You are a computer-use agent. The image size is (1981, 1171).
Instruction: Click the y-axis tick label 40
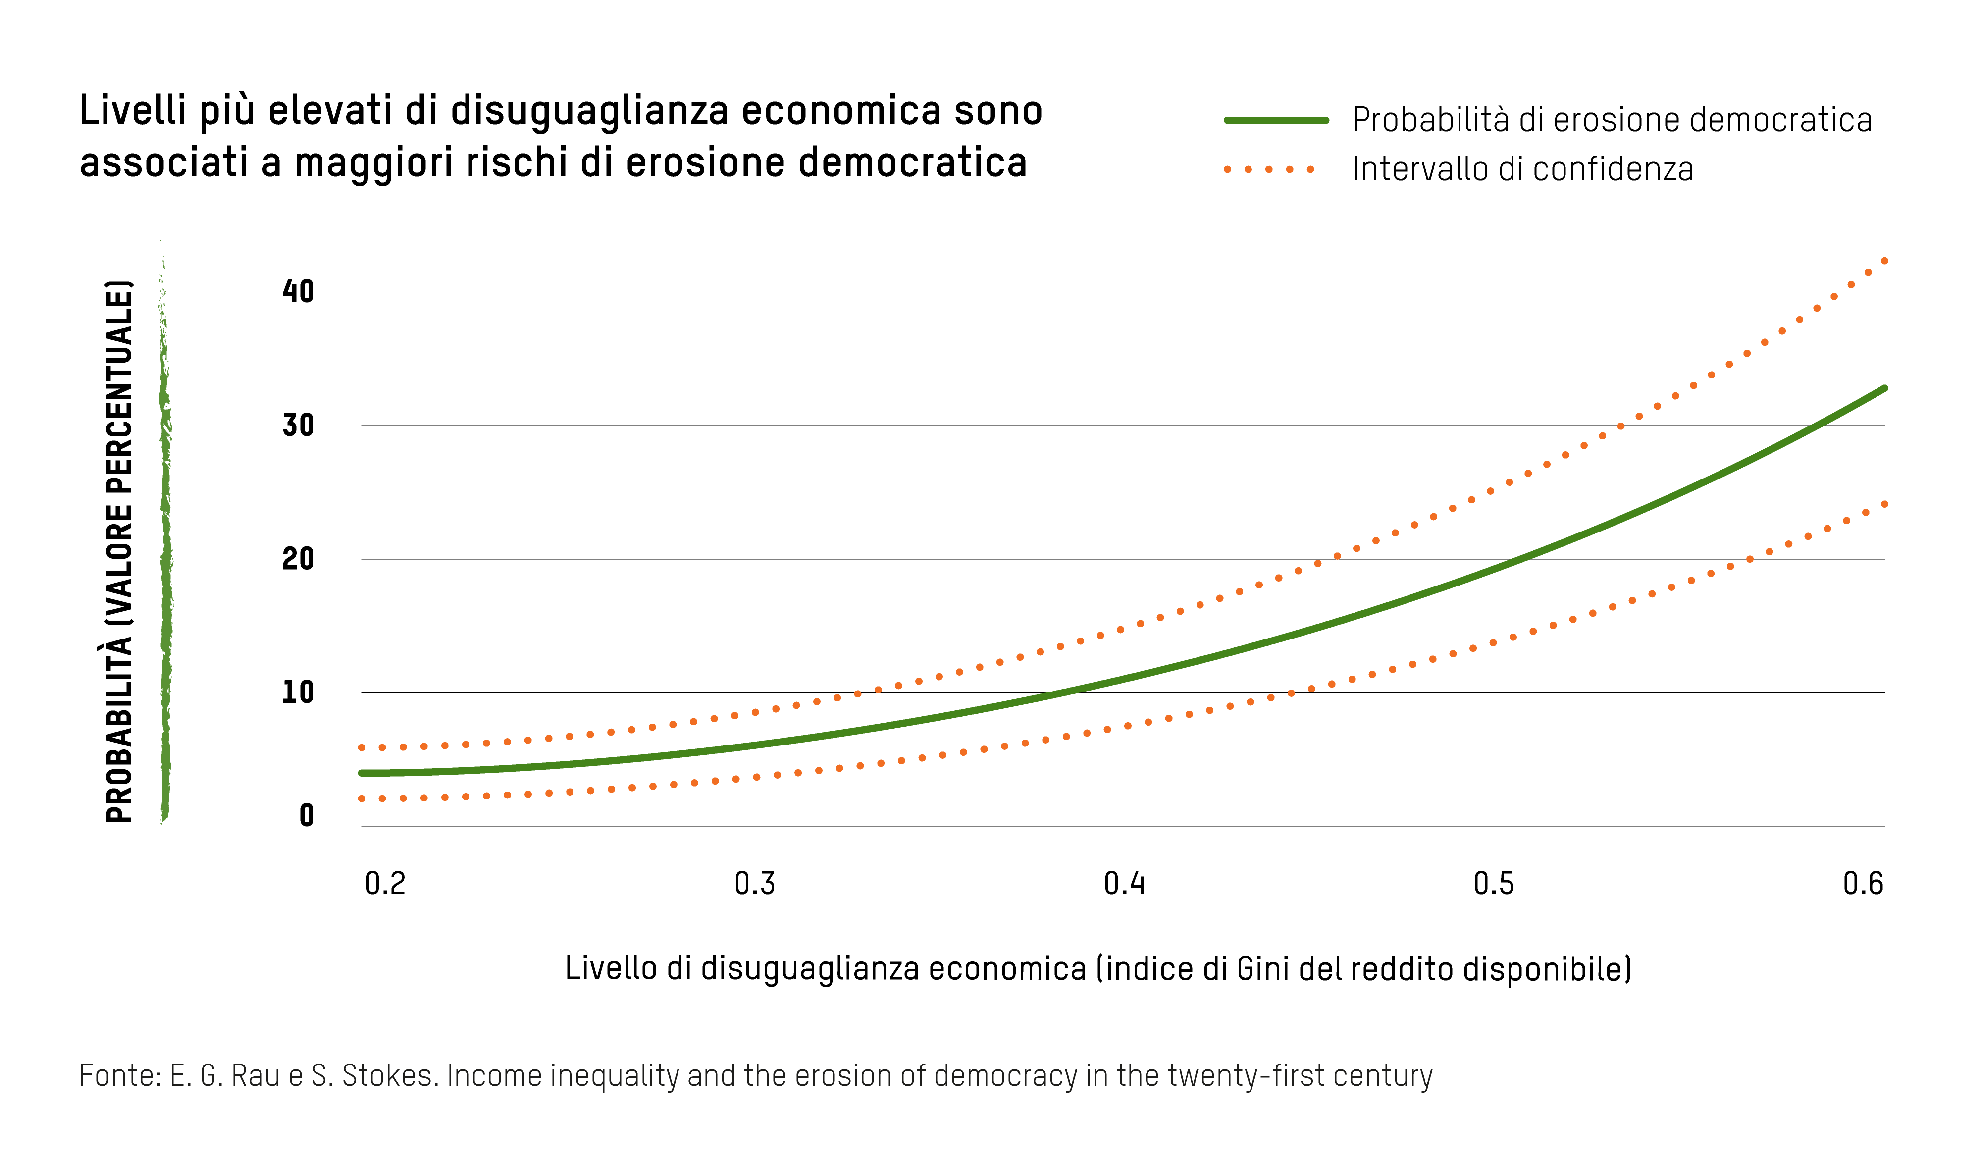pyautogui.click(x=298, y=292)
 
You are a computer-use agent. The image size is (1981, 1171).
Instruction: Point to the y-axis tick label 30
pyautogui.click(x=298, y=426)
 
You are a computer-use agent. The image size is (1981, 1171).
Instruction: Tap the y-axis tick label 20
pyautogui.click(x=298, y=559)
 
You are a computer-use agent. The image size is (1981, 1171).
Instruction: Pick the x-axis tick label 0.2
pyautogui.click(x=385, y=884)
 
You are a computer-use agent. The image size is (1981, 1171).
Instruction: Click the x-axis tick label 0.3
pyautogui.click(x=754, y=884)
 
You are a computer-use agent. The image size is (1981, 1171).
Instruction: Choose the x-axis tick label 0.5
pyautogui.click(x=1494, y=884)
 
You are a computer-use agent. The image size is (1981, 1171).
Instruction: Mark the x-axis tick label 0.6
pyautogui.click(x=1863, y=884)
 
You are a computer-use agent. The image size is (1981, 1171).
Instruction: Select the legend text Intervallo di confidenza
pyautogui.click(x=1522, y=169)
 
